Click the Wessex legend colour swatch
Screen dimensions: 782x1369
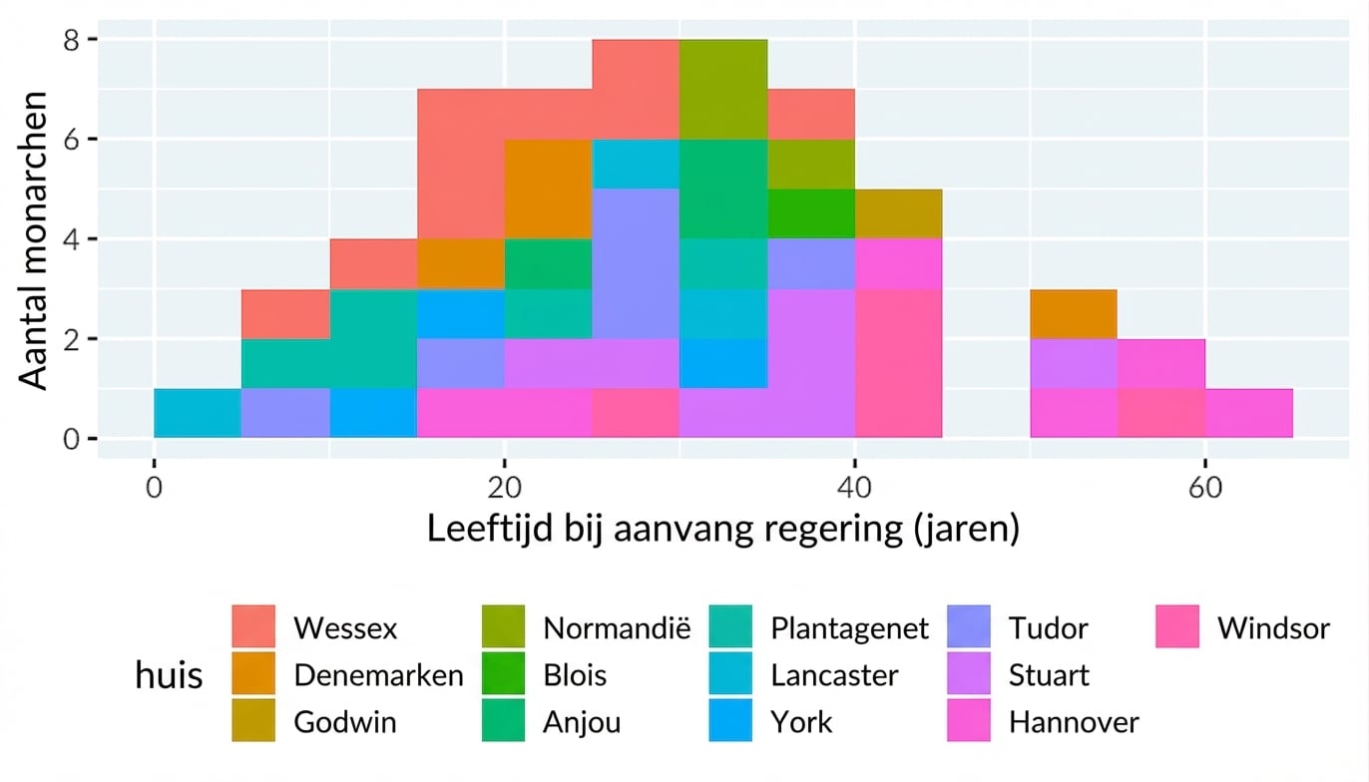255,627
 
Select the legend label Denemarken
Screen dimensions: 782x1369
378,675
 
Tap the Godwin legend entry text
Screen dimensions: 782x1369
344,722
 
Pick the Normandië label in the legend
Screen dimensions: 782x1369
617,628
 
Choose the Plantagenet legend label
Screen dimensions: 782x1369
849,628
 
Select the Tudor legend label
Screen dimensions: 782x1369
1048,628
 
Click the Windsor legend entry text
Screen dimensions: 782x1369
1273,628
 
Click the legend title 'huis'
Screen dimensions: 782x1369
169,676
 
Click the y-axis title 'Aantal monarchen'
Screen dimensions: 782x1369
35,239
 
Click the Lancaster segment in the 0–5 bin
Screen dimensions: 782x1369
198,413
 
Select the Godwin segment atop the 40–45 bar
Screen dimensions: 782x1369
898,213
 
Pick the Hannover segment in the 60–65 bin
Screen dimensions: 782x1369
1248,413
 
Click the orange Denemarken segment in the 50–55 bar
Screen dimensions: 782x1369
1073,313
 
